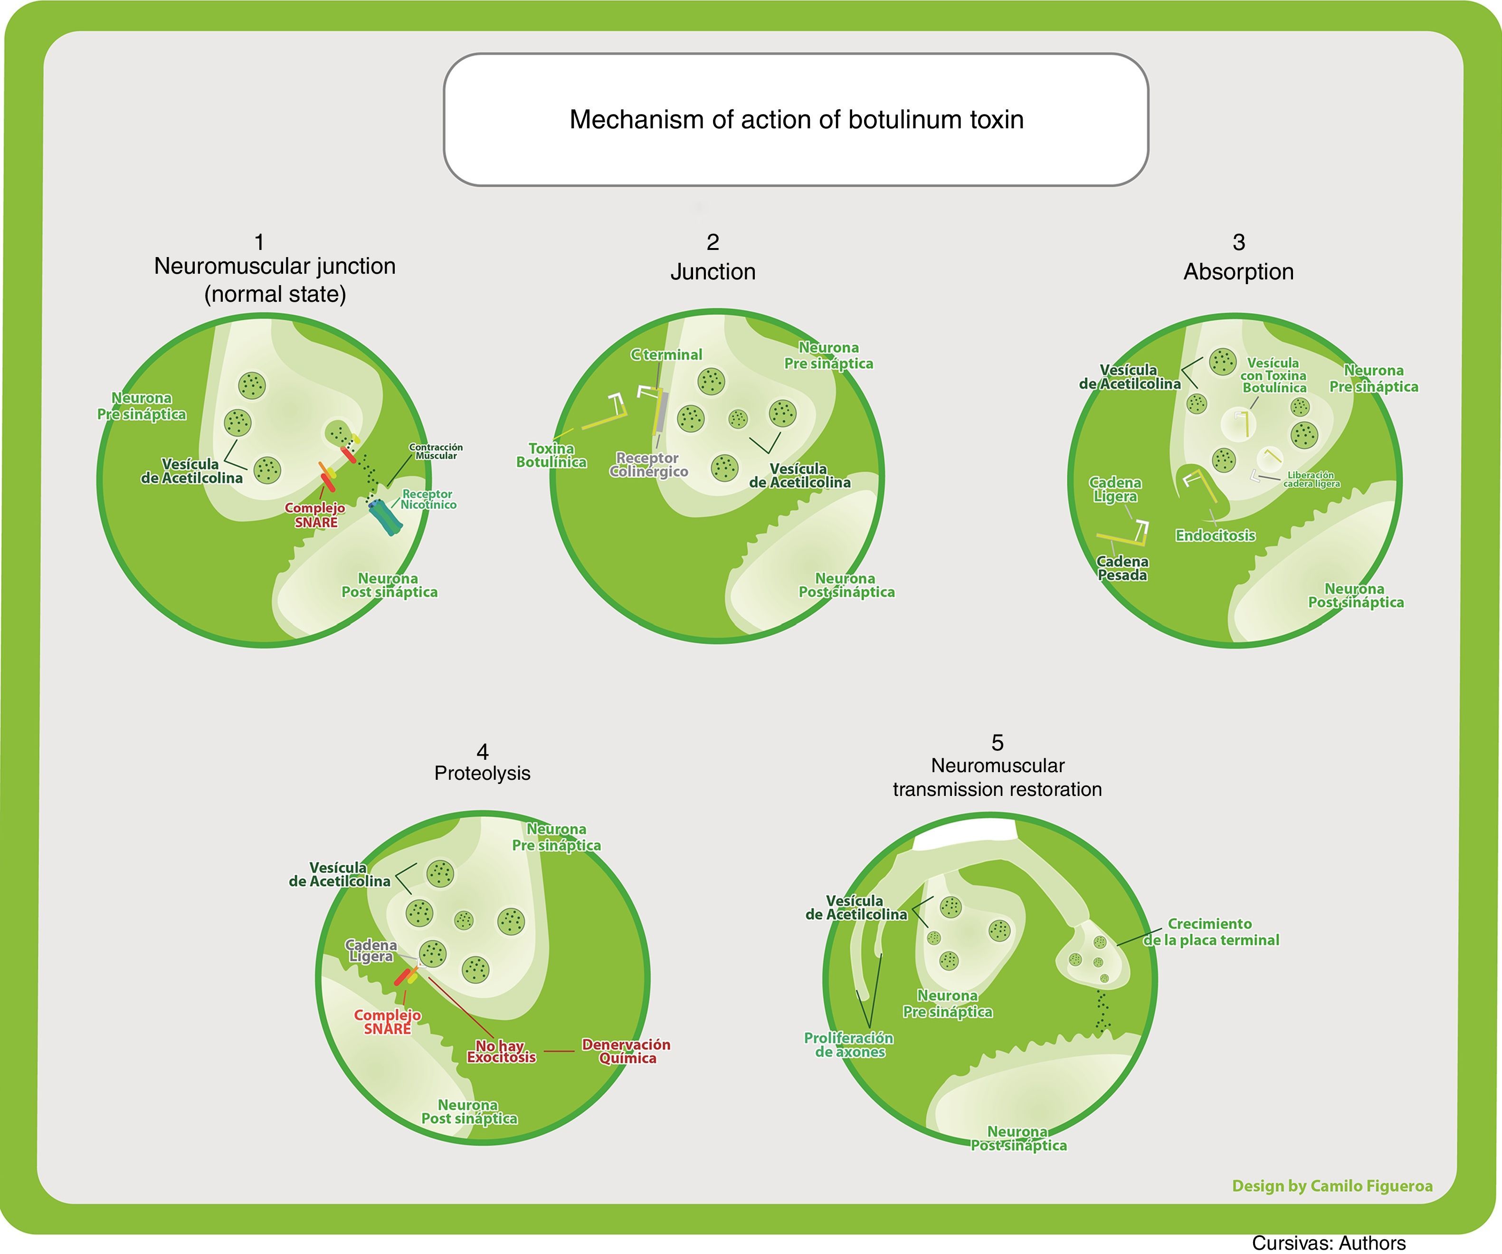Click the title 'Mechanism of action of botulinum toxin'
(x=796, y=119)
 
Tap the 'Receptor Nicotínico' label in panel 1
(x=428, y=499)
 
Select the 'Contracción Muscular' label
(x=436, y=451)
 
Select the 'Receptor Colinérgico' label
(x=648, y=464)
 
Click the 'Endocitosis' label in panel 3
(x=1215, y=535)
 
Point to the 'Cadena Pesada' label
(x=1122, y=568)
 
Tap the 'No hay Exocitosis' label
(x=501, y=1052)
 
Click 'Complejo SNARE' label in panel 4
(x=387, y=1022)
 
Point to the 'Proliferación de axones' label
(x=849, y=1044)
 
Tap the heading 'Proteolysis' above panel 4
(x=482, y=773)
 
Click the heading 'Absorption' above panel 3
(x=1238, y=272)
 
